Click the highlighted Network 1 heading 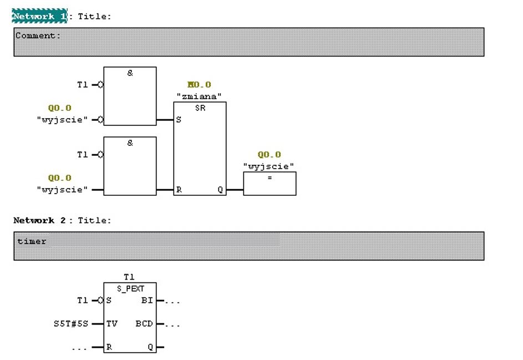39,16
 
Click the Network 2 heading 39,220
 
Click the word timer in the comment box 32,241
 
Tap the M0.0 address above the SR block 199,85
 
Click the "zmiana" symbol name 199,95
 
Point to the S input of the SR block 179,120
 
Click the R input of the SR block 179,190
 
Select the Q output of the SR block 220,190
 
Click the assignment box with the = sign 270,184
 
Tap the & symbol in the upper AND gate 130,73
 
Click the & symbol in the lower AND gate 130,143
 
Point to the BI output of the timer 147,301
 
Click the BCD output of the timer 144,324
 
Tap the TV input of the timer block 111,324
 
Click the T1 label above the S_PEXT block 130,277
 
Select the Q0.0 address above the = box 270,155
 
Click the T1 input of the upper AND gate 82,85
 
